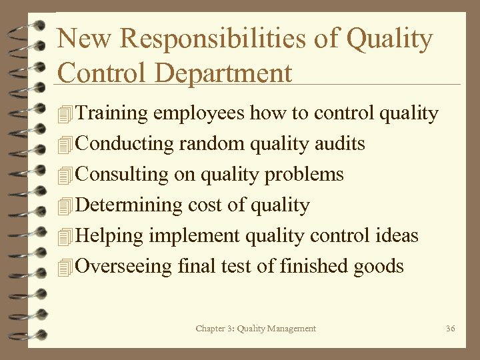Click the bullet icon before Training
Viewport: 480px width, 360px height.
[65, 115]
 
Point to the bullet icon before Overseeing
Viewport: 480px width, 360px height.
[65, 267]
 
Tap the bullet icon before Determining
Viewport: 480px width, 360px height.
[65, 206]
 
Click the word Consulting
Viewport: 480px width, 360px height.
[122, 175]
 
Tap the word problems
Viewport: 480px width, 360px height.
[304, 175]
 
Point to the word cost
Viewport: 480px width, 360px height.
[205, 205]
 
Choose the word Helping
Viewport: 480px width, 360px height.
[110, 236]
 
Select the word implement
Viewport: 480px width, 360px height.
[194, 236]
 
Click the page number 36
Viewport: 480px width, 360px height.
[450, 329]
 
